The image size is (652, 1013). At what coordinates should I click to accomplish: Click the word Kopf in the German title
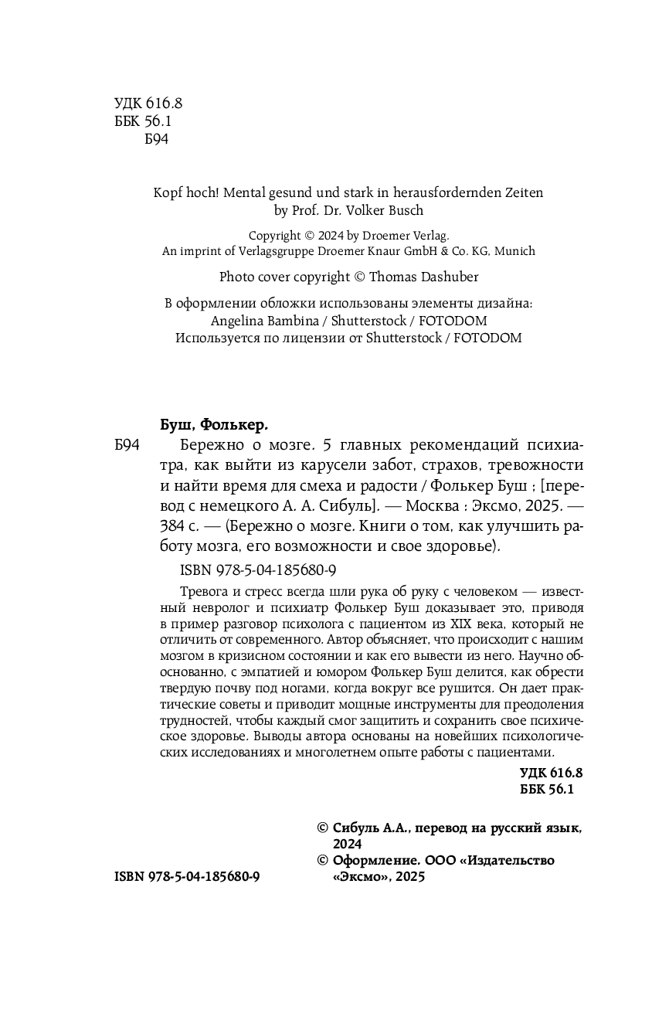pos(168,193)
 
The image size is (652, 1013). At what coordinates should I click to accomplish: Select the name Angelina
pos(237,321)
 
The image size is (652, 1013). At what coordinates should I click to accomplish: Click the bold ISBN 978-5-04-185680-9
pos(186,877)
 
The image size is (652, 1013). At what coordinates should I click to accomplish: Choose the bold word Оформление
pos(375,860)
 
